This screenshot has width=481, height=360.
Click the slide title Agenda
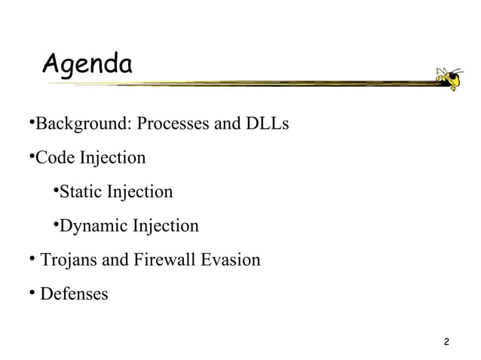pos(87,64)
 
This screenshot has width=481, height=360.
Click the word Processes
pos(173,124)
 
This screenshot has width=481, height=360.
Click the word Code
pos(54,158)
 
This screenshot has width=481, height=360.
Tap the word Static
pos(80,192)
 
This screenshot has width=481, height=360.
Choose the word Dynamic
pos(93,226)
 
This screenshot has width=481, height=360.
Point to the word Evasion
pos(231,261)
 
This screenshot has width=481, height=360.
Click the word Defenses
pos(74,294)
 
